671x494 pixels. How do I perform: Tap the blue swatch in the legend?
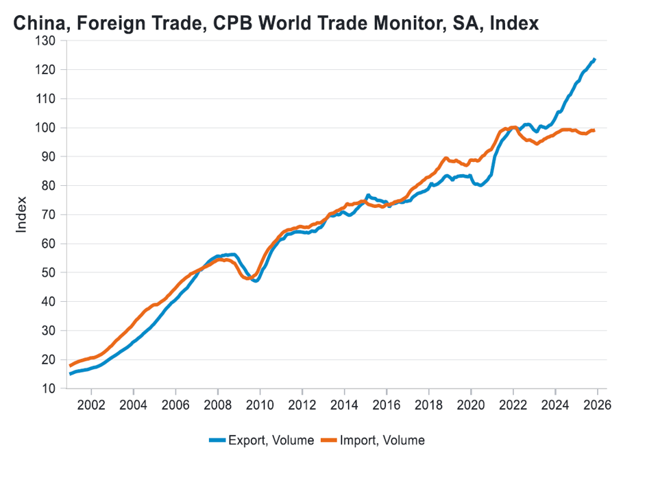coord(219,440)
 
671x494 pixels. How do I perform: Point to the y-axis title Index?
coord(22,215)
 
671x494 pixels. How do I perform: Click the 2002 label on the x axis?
coord(90,404)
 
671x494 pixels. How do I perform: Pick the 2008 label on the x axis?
coord(217,404)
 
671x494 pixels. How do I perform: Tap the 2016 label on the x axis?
coord(386,404)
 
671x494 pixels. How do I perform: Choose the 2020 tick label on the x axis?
coord(471,404)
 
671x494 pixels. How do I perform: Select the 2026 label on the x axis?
coord(597,404)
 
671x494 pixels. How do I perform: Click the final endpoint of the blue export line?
coord(594,60)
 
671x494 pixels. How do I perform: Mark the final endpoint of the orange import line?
coord(594,130)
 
